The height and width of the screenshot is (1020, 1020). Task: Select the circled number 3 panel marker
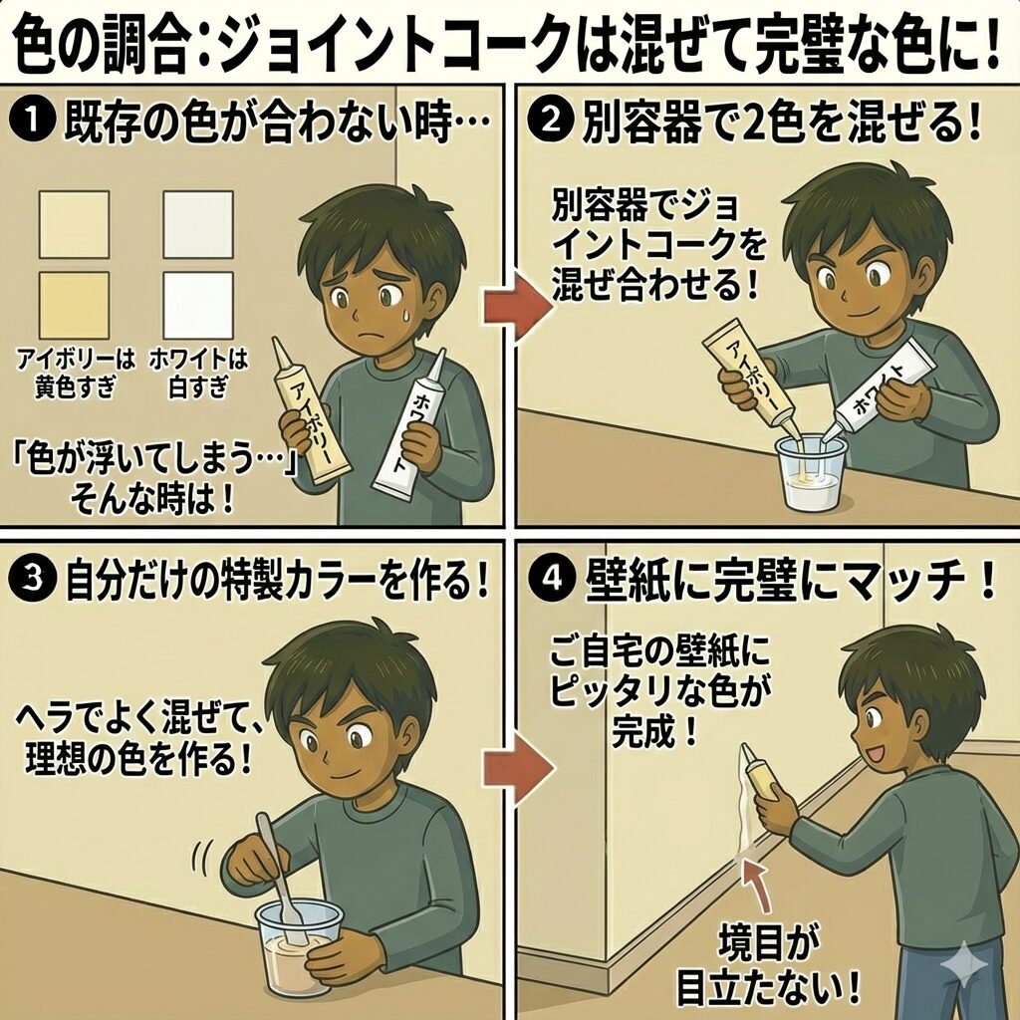pyautogui.click(x=32, y=580)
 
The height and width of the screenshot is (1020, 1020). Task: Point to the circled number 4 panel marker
pyautogui.click(x=551, y=579)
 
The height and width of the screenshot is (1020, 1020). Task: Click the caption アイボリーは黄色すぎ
pyautogui.click(x=76, y=373)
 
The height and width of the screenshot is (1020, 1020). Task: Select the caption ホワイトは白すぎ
pyautogui.click(x=198, y=373)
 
